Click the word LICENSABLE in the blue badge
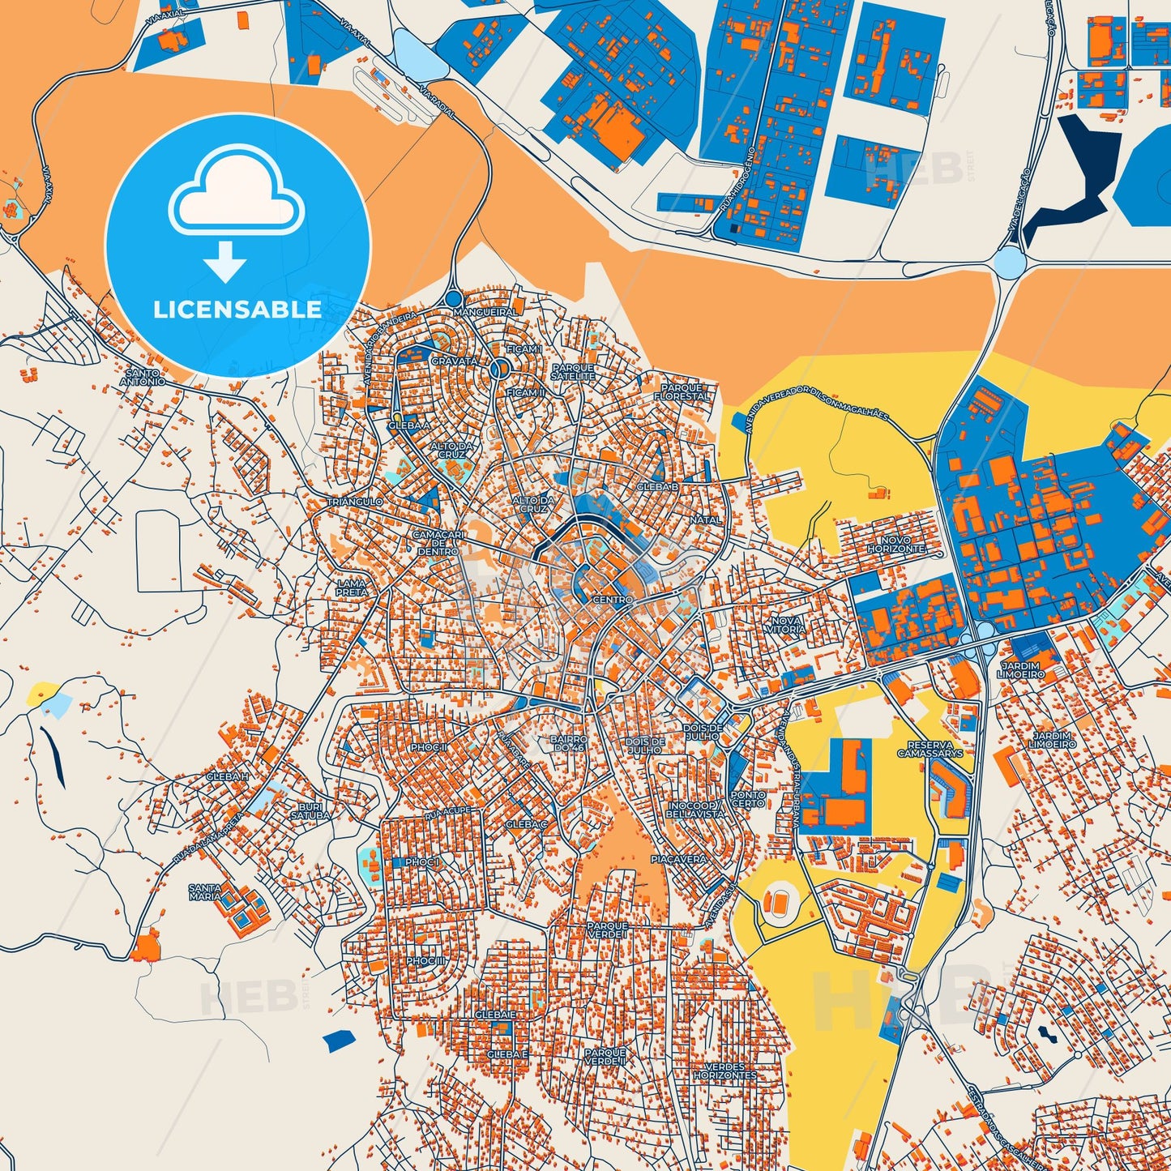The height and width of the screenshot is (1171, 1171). click(x=237, y=309)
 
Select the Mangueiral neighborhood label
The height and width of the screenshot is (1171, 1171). click(x=485, y=312)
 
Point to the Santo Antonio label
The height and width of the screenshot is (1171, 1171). click(x=143, y=377)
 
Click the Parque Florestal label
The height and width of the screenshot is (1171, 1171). click(x=682, y=392)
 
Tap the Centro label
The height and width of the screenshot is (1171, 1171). click(x=613, y=600)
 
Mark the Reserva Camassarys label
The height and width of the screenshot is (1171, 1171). click(x=930, y=748)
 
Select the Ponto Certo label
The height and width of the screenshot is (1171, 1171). click(x=747, y=799)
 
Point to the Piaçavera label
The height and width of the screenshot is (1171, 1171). click(x=679, y=859)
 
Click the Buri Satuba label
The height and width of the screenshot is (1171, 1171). click(x=310, y=811)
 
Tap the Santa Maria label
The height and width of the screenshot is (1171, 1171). click(x=204, y=892)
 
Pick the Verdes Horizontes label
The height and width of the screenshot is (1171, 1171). click(x=724, y=1071)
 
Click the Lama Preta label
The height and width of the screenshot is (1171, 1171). click(x=352, y=588)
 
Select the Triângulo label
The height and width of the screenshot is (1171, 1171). click(x=354, y=502)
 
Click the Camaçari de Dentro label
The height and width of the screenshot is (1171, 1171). click(x=436, y=543)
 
